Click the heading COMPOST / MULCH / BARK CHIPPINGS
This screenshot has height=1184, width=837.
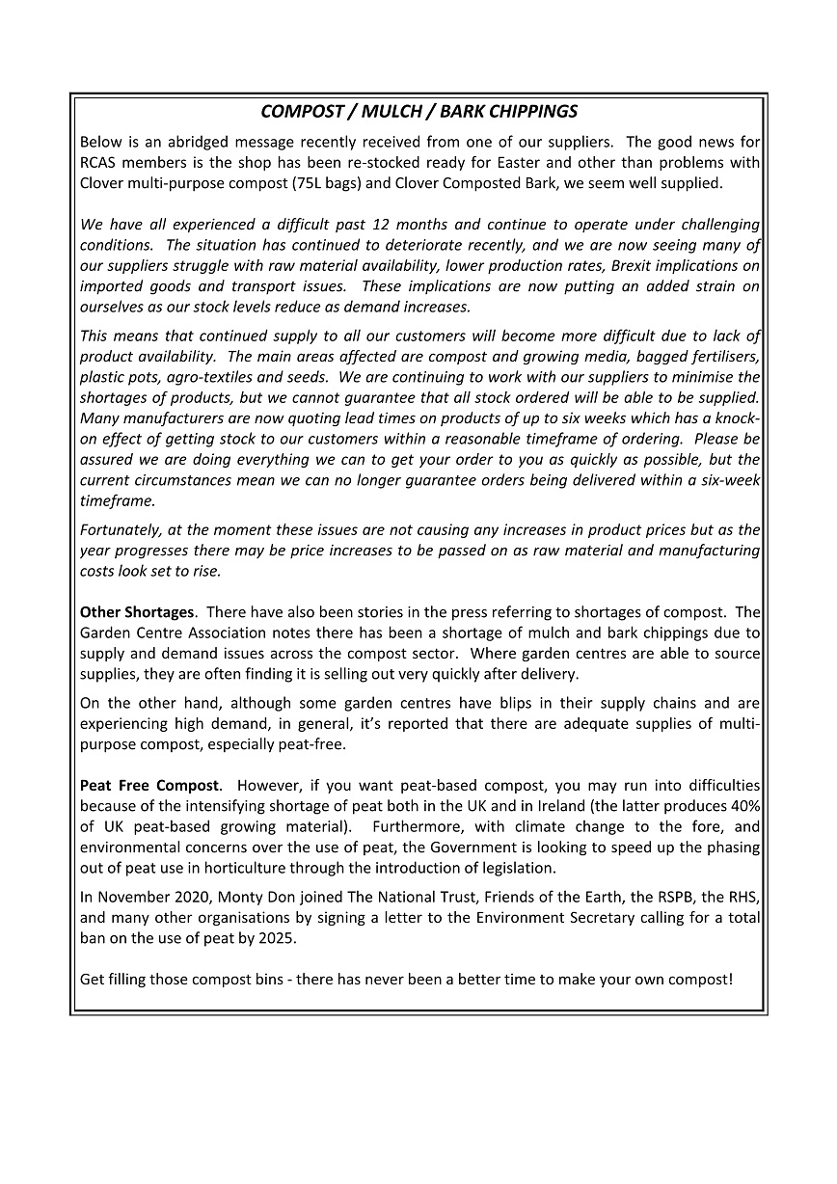click(418, 112)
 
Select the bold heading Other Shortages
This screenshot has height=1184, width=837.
click(137, 612)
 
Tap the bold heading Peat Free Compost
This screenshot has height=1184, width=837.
click(150, 786)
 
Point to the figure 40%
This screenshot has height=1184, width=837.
click(745, 806)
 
